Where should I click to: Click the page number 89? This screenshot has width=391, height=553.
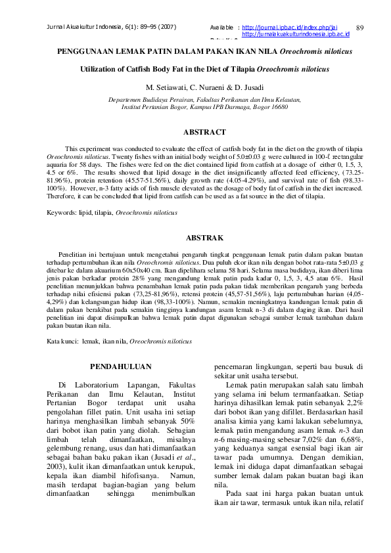[359, 28]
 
